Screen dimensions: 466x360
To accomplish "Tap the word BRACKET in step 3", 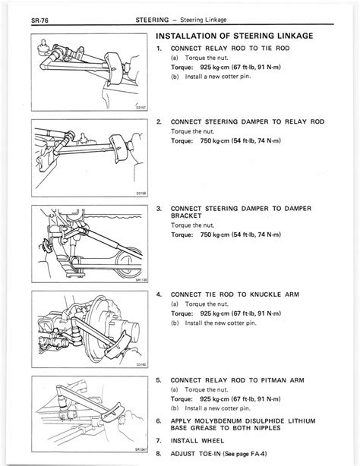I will (x=188, y=215).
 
